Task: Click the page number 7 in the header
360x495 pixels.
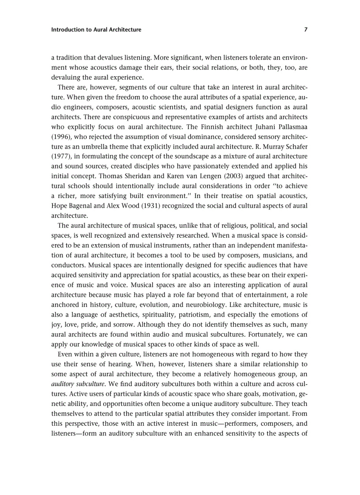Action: click(306, 30)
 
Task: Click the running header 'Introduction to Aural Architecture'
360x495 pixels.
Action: click(96, 30)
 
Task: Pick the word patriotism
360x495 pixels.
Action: click(217, 315)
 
